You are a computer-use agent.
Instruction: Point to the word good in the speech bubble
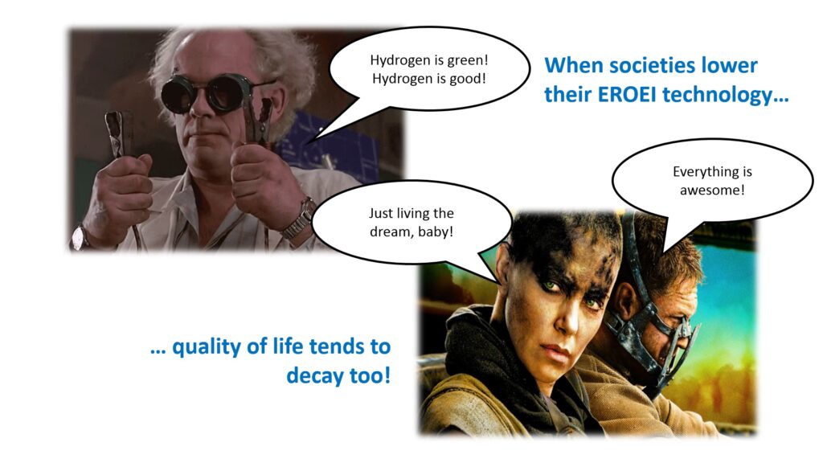(x=465, y=79)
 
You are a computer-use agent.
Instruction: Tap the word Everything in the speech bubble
(x=701, y=172)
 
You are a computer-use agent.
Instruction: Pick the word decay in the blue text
(x=314, y=376)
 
